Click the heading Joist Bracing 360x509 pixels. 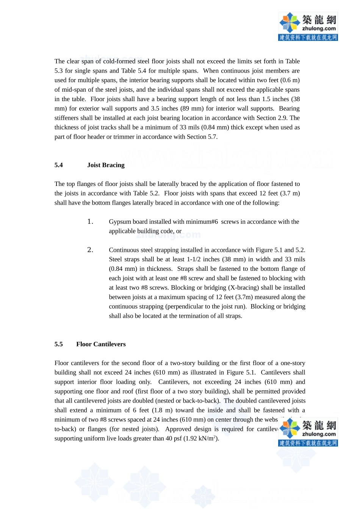pos(106,165)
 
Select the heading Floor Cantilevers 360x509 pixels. pos(101,344)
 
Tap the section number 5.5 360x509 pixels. pos(58,344)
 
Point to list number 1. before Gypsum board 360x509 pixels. pos(90,222)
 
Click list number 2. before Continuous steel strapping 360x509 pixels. pos(90,250)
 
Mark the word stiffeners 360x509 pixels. pos(67,118)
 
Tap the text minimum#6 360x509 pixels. pos(203,222)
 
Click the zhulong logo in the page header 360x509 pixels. pos(308,26)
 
